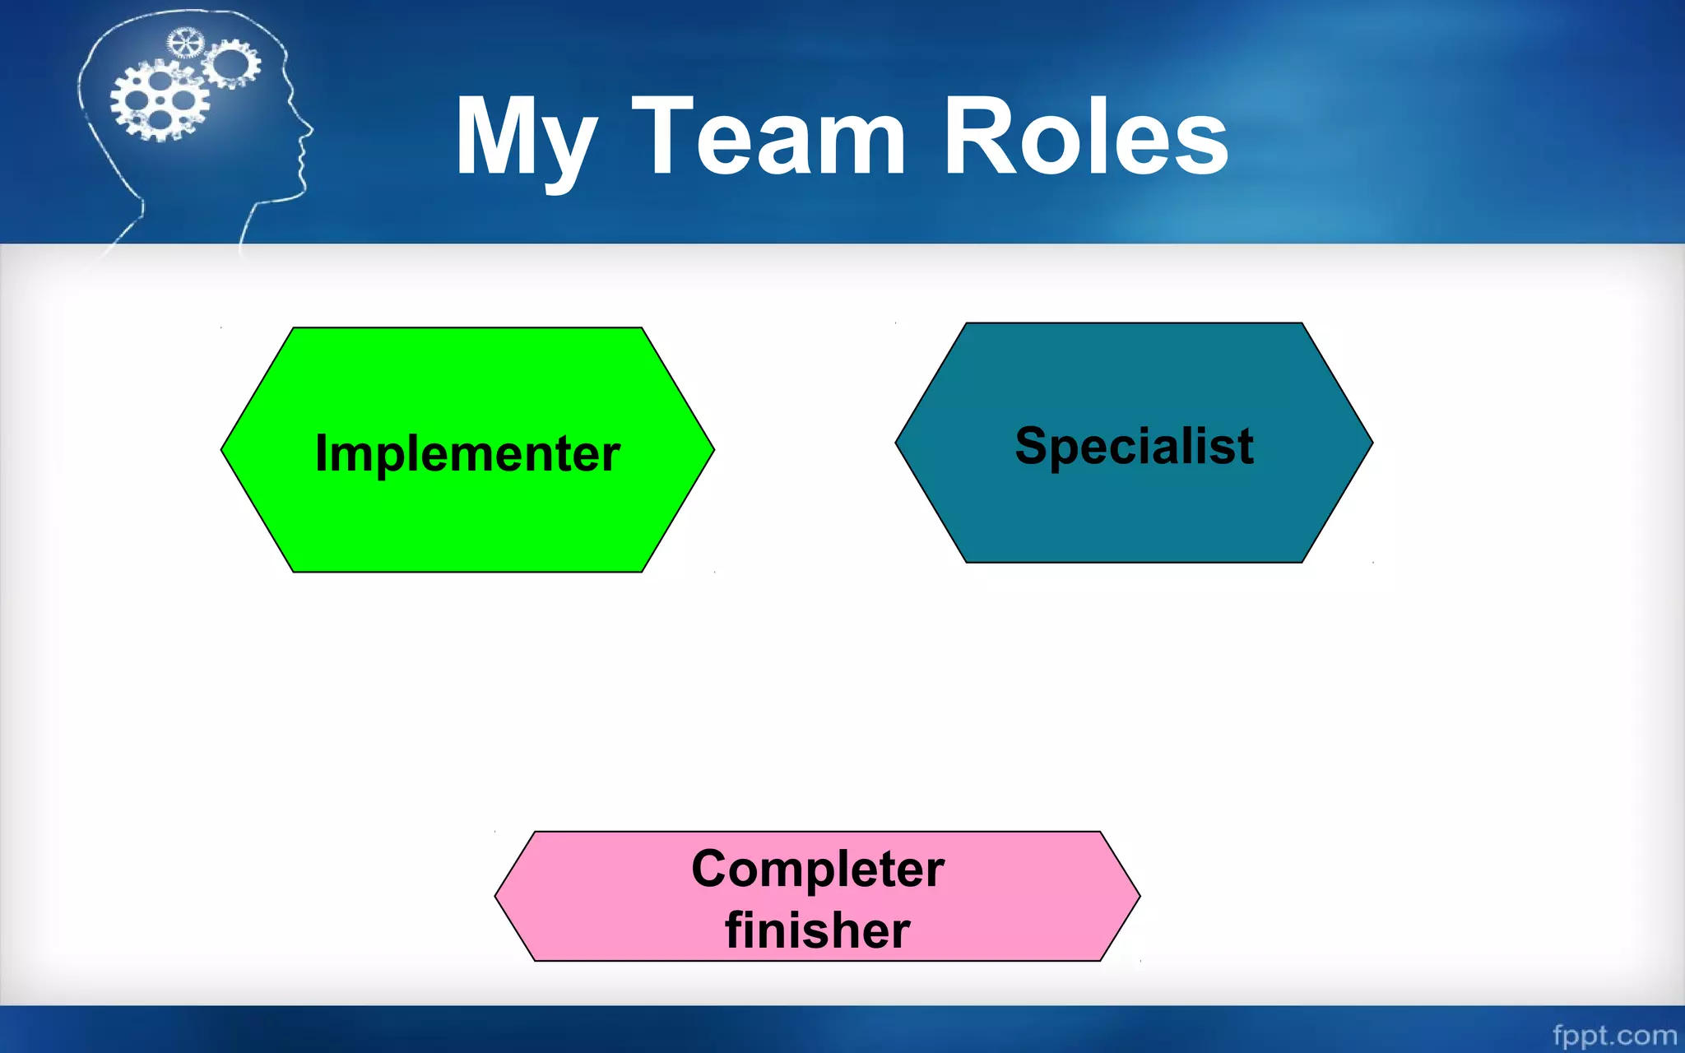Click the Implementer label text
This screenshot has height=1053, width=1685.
tap(467, 454)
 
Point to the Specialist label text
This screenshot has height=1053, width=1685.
tap(1134, 447)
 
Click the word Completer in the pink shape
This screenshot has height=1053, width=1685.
tap(818, 870)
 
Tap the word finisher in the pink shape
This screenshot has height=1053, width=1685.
tap(818, 930)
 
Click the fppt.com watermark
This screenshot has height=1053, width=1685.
tap(1614, 1034)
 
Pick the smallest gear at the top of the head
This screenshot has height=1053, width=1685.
tap(185, 43)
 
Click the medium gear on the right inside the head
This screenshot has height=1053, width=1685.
tap(232, 63)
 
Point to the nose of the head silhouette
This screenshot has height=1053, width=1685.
tap(309, 129)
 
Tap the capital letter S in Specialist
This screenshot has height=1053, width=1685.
tap(1031, 446)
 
